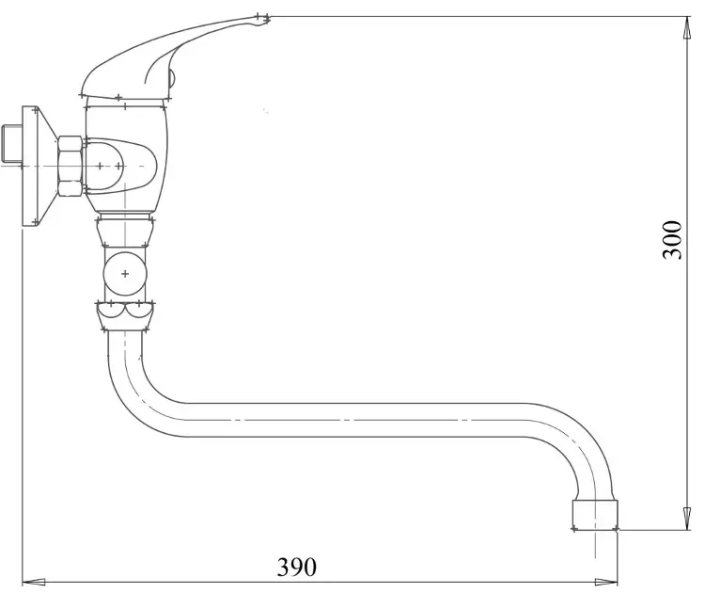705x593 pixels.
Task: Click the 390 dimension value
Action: click(296, 567)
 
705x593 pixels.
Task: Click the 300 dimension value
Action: click(672, 239)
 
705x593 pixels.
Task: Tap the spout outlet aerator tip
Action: click(595, 515)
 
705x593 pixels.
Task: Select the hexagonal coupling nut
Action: click(70, 167)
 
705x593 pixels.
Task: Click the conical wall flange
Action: click(39, 167)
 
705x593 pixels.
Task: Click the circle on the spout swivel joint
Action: click(125, 274)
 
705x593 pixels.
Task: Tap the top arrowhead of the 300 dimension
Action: click(687, 28)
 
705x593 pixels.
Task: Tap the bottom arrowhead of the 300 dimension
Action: click(687, 519)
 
